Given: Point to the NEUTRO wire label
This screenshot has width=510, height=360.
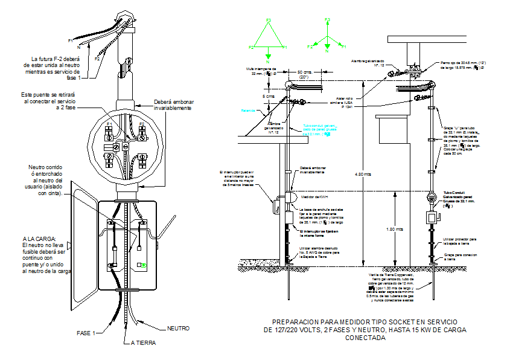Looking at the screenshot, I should click(178, 329).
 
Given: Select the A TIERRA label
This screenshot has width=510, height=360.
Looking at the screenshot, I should click(143, 342).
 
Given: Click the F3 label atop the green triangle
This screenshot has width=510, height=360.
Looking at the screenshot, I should click(269, 20).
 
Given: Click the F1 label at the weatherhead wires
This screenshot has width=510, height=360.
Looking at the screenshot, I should click(71, 40).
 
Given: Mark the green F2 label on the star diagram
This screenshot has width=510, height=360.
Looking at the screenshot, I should click(310, 47).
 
